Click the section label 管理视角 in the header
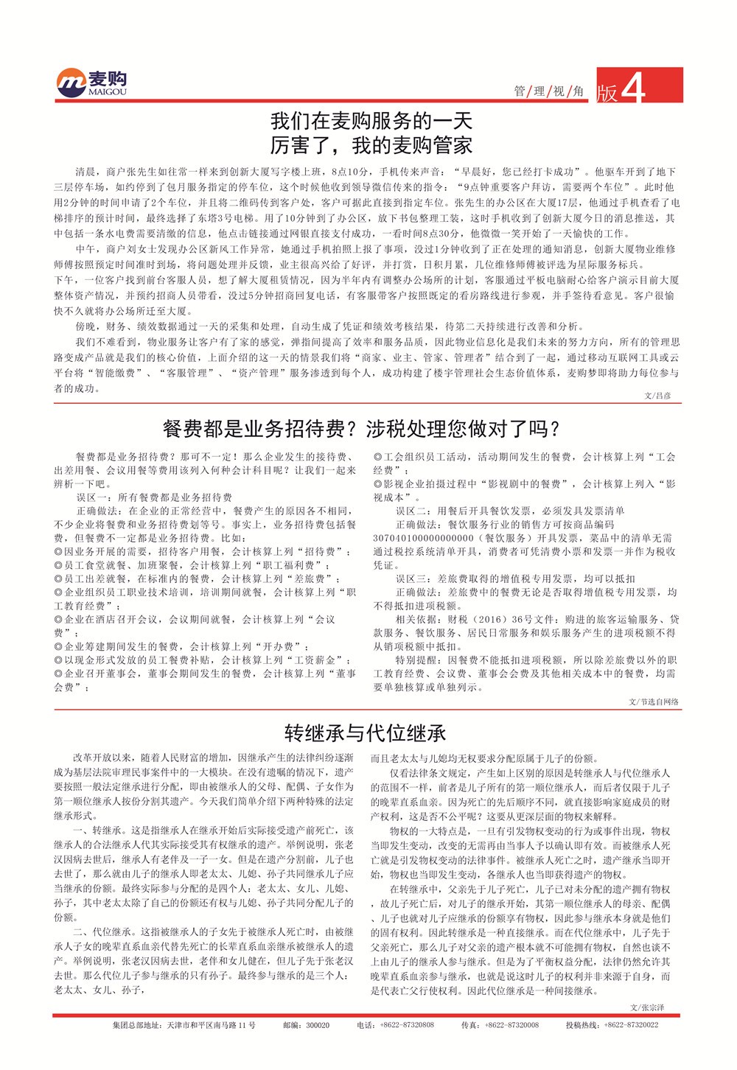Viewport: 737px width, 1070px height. pyautogui.click(x=548, y=91)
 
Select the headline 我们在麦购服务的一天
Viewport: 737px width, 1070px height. pyautogui.click(x=371, y=120)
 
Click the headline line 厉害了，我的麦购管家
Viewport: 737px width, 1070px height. pyautogui.click(x=371, y=145)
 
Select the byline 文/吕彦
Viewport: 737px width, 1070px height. pyautogui.click(x=657, y=396)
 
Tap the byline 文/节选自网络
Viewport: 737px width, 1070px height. pyautogui.click(x=653, y=702)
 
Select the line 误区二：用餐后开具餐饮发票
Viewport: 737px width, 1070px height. pyautogui.click(x=510, y=511)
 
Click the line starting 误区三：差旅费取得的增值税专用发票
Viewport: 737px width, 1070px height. pyautogui.click(x=515, y=578)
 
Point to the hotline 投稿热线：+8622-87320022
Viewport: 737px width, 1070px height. pyautogui.click(x=612, y=1025)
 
